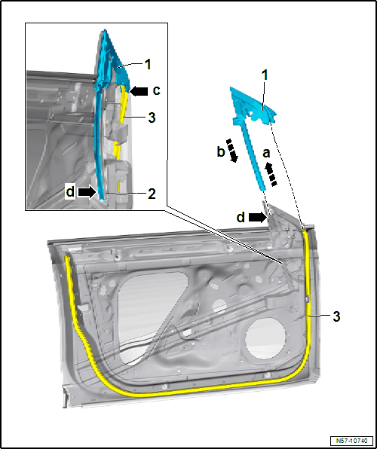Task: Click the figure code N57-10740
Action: pos(352,440)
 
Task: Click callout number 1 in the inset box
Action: pos(147,65)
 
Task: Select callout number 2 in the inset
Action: pos(151,194)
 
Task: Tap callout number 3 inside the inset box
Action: pos(152,118)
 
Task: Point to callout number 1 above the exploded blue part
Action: pos(265,75)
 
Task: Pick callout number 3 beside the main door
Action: pos(336,316)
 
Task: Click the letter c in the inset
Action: pos(156,90)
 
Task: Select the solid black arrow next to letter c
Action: pos(139,91)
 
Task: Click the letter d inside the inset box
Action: pos(70,192)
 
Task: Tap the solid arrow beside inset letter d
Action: pos(87,193)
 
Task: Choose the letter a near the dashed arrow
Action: pos(266,154)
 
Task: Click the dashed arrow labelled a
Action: pos(271,174)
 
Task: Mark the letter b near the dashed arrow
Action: pos(221,151)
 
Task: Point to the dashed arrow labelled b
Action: pos(232,151)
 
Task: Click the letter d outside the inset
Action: pos(241,218)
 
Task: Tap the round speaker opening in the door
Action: pos(265,337)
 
